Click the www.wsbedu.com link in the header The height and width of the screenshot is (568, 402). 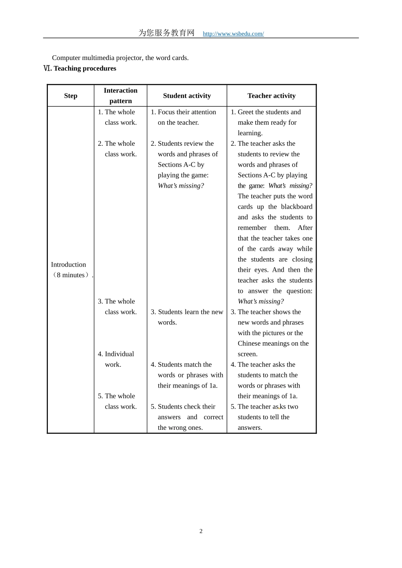coord(233,34)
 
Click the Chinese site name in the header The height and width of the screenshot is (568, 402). coord(166,33)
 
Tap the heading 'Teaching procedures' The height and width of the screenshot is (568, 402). coord(85,68)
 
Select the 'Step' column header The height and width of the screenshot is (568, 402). coord(71,96)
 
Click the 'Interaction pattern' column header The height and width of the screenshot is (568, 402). coord(121,96)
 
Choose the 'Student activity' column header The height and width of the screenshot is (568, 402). coord(187,96)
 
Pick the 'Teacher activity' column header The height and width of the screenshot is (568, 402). coord(271,96)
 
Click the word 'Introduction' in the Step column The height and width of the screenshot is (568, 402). coord(69,265)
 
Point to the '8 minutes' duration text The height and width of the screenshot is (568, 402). coord(71,275)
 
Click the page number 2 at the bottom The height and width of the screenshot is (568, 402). coord(201,531)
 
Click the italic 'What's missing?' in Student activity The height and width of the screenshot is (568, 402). coord(181,186)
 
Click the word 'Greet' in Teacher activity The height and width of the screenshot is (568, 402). coord(246,112)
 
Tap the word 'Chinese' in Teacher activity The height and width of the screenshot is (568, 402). coord(249,344)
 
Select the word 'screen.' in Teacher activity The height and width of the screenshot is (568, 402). coord(248,354)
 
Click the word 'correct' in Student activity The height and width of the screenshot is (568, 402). coord(213,417)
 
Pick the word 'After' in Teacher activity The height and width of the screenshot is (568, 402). coord(305,228)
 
